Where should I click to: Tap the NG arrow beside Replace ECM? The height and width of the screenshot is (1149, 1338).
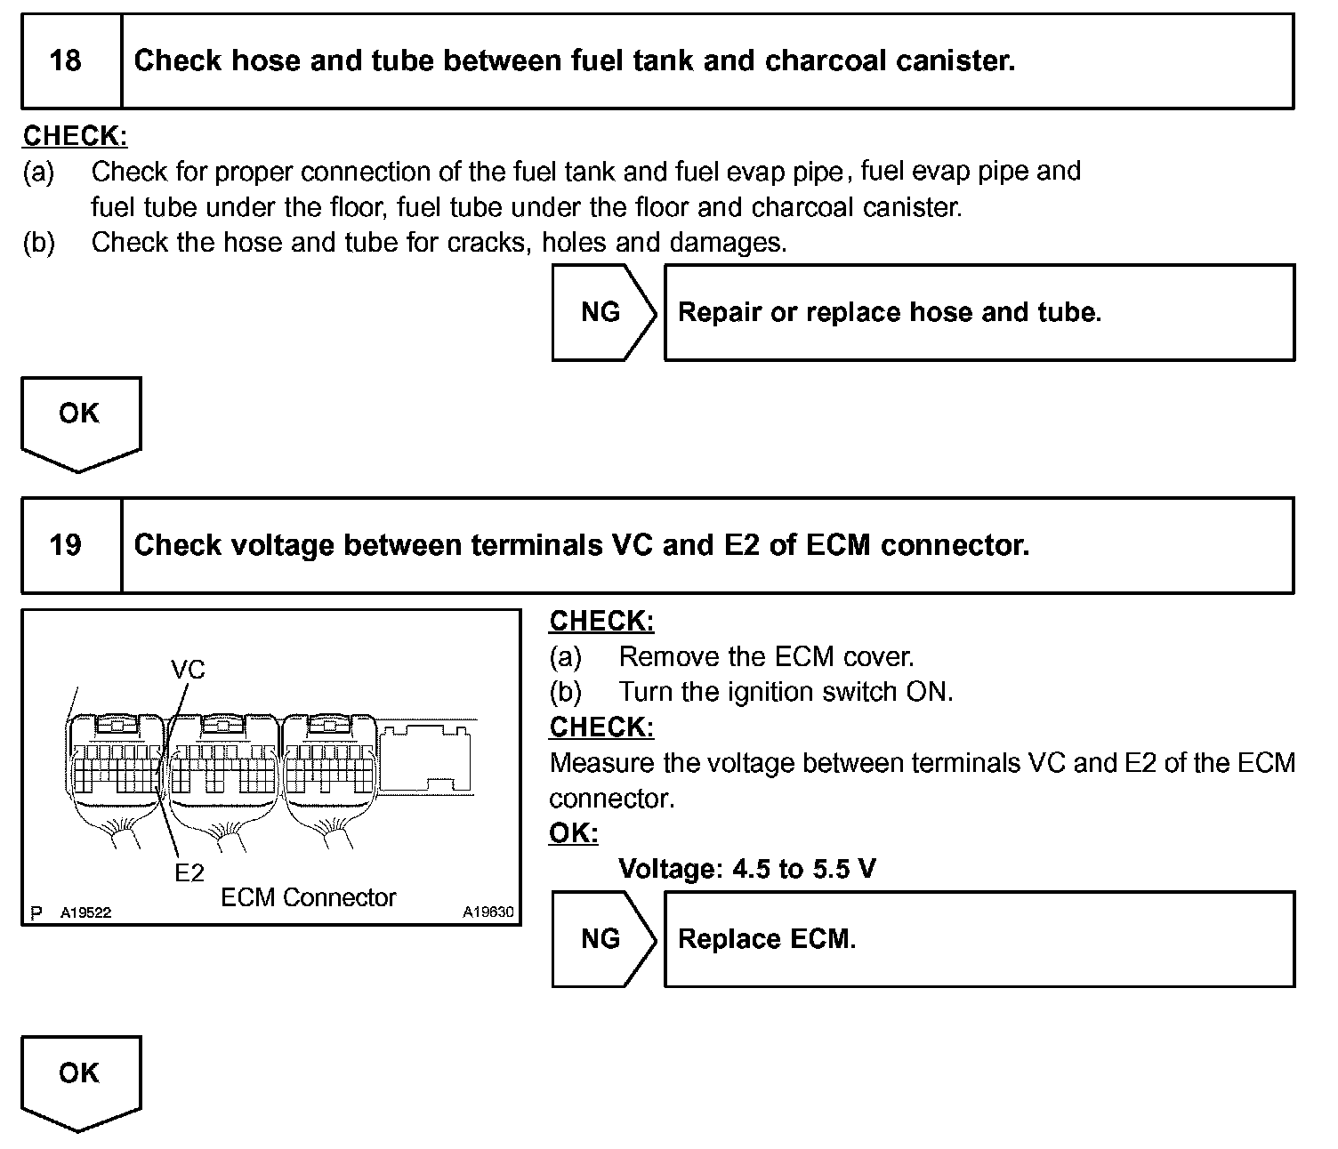(602, 939)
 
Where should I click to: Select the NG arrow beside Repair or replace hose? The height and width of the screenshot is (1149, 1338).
(602, 312)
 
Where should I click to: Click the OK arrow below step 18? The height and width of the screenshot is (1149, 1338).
(79, 421)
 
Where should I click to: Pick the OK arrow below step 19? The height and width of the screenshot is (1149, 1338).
(79, 1080)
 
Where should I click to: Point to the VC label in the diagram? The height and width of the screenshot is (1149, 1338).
(187, 669)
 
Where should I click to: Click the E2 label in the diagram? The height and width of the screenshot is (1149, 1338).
(189, 873)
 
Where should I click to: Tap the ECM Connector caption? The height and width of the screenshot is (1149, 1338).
(308, 897)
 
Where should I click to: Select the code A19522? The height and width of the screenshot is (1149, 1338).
(86, 912)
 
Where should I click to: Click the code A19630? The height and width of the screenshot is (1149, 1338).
(488, 912)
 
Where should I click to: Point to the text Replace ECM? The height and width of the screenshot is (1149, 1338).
(767, 939)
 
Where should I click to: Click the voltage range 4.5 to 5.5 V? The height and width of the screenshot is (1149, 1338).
(803, 868)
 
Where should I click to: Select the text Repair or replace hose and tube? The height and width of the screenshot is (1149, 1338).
(890, 312)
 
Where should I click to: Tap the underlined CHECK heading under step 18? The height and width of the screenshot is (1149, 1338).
(75, 136)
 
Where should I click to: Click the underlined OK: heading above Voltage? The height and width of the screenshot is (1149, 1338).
(573, 833)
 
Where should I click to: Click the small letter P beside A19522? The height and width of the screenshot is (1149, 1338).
(36, 912)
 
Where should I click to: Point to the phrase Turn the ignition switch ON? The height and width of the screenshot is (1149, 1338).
(786, 692)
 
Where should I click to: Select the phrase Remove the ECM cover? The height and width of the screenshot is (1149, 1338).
(766, 656)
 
